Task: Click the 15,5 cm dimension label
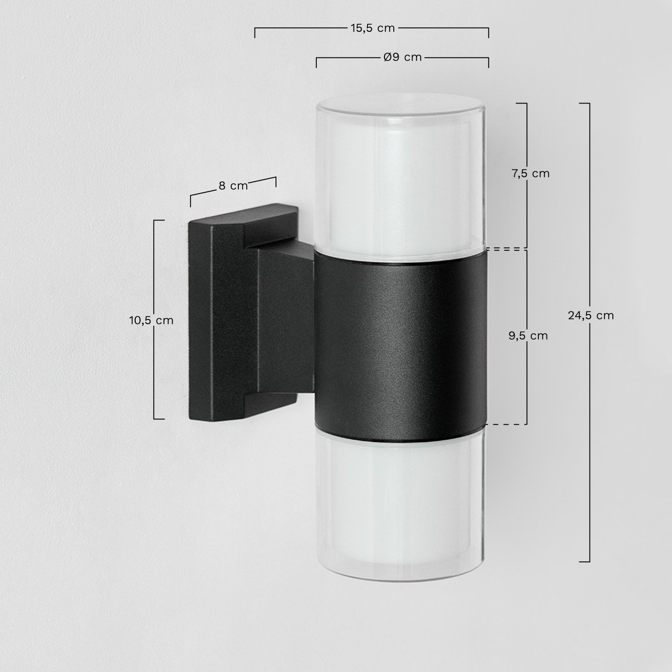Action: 372,28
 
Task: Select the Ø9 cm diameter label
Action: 403,57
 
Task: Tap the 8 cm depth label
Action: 233,186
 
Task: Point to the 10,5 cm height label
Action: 151,320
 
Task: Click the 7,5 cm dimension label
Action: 530,173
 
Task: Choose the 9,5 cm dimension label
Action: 528,336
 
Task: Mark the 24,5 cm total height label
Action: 591,315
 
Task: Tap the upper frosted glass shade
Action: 401,179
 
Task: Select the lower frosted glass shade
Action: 401,497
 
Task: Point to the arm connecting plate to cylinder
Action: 287,320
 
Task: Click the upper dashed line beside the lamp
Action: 506,248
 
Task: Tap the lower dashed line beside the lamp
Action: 506,424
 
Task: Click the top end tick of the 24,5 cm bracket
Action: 584,103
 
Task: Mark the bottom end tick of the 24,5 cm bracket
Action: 584,561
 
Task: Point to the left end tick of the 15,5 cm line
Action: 255,33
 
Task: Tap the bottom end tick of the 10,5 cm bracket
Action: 159,419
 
